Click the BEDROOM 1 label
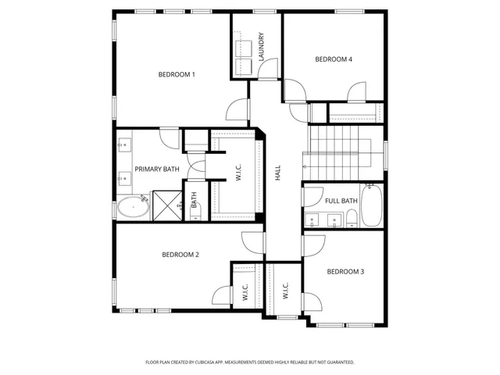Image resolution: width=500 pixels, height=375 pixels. (x=177, y=74)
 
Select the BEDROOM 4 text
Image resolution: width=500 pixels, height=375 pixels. (x=334, y=59)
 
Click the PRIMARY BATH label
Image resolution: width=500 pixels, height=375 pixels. (x=156, y=169)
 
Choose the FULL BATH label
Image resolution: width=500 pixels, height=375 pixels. (x=341, y=201)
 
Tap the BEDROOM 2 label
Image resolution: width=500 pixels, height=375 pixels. (x=180, y=255)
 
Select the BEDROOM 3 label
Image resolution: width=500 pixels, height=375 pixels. (x=345, y=272)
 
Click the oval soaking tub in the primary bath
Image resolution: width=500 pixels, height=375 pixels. (x=133, y=208)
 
